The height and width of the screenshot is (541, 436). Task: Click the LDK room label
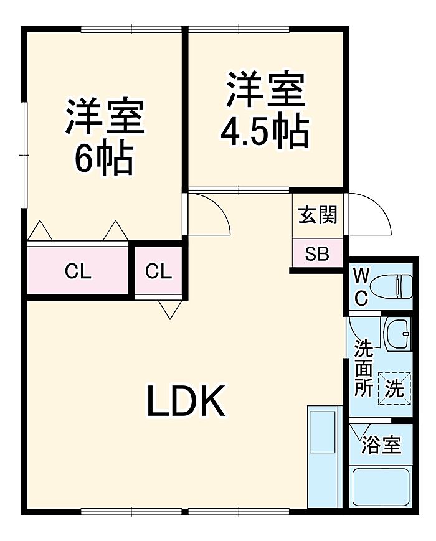186,400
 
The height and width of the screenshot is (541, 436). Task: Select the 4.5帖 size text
264,131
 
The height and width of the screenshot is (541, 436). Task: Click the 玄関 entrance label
318,215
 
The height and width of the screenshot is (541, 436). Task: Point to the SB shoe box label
317,254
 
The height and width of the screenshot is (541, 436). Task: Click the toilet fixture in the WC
391,286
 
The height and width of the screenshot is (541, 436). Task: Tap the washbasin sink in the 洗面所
397,334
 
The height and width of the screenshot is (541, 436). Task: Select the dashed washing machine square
394,388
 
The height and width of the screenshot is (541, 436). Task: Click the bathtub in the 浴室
381,487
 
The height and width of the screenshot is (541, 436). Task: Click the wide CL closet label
78,271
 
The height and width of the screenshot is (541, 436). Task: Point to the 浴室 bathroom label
381,445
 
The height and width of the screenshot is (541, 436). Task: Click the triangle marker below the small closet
170,309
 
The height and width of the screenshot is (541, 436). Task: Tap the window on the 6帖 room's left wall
24,155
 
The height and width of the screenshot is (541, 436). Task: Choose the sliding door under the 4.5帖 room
239,189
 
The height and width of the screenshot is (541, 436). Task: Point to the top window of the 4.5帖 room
239,29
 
